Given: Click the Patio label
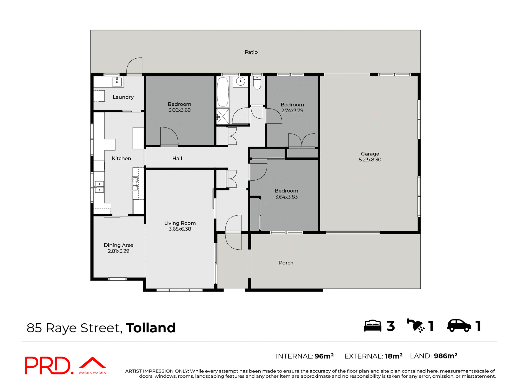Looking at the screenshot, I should point(251,52).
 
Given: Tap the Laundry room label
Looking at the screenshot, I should point(123,97).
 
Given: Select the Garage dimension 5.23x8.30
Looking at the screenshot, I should point(370,160).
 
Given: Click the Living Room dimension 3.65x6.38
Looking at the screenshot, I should point(180,229).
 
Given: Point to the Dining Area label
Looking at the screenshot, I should point(118,245).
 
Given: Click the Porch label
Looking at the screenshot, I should point(286,263).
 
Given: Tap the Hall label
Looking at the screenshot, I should point(177,159).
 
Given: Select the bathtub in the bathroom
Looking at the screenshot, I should point(223,92).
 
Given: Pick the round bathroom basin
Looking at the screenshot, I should point(240,81).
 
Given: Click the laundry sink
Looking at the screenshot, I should point(117,82).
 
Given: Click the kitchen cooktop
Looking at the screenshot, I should point(135,184).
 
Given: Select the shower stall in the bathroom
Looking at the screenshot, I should point(222,116).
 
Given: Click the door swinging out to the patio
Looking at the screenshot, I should point(135,66).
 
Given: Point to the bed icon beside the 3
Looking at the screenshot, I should point(372,326).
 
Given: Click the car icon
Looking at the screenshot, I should point(459,326).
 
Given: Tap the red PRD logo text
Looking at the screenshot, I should point(48,365).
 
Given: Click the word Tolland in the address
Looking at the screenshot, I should point(151,328).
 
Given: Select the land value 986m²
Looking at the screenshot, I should point(445,356).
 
